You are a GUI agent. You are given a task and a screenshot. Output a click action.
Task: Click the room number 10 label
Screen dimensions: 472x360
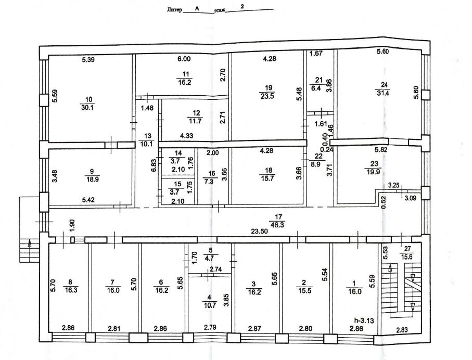tap(89, 100)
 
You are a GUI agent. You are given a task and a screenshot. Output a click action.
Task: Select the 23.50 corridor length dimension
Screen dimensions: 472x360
tap(260, 232)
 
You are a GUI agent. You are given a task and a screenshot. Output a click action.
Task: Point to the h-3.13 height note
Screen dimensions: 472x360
tap(364, 320)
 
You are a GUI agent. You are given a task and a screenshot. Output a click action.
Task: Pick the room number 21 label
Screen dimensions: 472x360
tap(319, 80)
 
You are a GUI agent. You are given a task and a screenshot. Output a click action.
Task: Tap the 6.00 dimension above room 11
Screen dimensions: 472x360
tap(184, 59)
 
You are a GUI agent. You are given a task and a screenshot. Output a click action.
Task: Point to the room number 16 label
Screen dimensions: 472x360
tap(212, 173)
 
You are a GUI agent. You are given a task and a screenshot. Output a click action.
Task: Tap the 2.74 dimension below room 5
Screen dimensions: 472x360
tap(216, 269)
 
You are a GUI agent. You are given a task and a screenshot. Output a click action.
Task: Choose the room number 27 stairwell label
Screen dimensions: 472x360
tap(407, 249)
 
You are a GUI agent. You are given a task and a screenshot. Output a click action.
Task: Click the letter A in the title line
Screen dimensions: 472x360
tap(197, 9)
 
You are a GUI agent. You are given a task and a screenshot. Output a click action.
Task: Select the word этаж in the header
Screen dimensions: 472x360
tap(219, 11)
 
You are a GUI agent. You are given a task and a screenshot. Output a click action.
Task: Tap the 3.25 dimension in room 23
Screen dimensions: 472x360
tap(394, 185)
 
